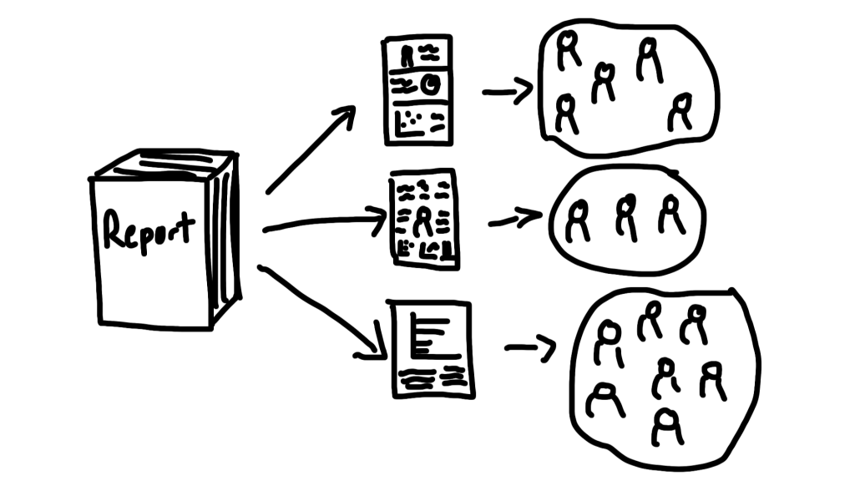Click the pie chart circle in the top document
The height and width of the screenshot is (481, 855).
[x=431, y=84]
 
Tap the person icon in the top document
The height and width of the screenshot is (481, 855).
[x=407, y=56]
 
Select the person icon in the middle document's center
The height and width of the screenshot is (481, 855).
[x=422, y=222]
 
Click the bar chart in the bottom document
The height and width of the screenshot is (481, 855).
[x=434, y=336]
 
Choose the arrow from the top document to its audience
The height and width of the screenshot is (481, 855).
[x=508, y=90]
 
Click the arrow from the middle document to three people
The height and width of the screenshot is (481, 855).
[x=514, y=218]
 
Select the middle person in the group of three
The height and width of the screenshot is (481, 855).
[x=627, y=217]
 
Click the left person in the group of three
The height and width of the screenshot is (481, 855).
[x=578, y=220]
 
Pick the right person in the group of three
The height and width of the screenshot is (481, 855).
[x=670, y=215]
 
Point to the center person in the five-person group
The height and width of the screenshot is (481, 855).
[x=604, y=83]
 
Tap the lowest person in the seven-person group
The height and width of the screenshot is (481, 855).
[x=667, y=428]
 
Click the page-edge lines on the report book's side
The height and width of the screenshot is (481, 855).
[x=224, y=240]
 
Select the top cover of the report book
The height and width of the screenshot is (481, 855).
[x=164, y=165]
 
